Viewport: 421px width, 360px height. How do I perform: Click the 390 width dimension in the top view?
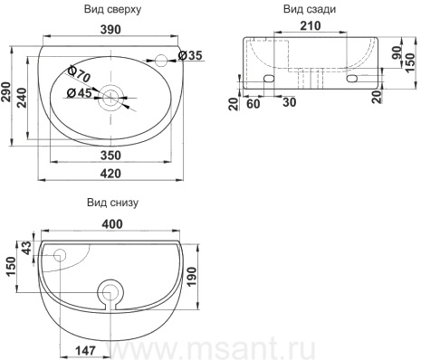click(x=110, y=30)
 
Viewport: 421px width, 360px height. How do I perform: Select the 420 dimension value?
click(x=110, y=174)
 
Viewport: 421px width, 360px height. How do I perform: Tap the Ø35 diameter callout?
click(x=190, y=55)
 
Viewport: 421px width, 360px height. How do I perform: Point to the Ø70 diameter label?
click(x=79, y=74)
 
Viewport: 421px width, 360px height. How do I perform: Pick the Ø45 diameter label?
click(x=79, y=93)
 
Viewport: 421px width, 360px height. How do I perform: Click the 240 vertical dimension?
click(x=22, y=98)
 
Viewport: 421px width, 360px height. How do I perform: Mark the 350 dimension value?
click(x=110, y=156)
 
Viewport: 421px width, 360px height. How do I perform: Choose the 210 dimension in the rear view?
click(x=311, y=26)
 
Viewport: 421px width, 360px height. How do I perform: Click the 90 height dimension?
click(x=397, y=52)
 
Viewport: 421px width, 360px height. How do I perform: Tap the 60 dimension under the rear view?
click(x=254, y=104)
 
